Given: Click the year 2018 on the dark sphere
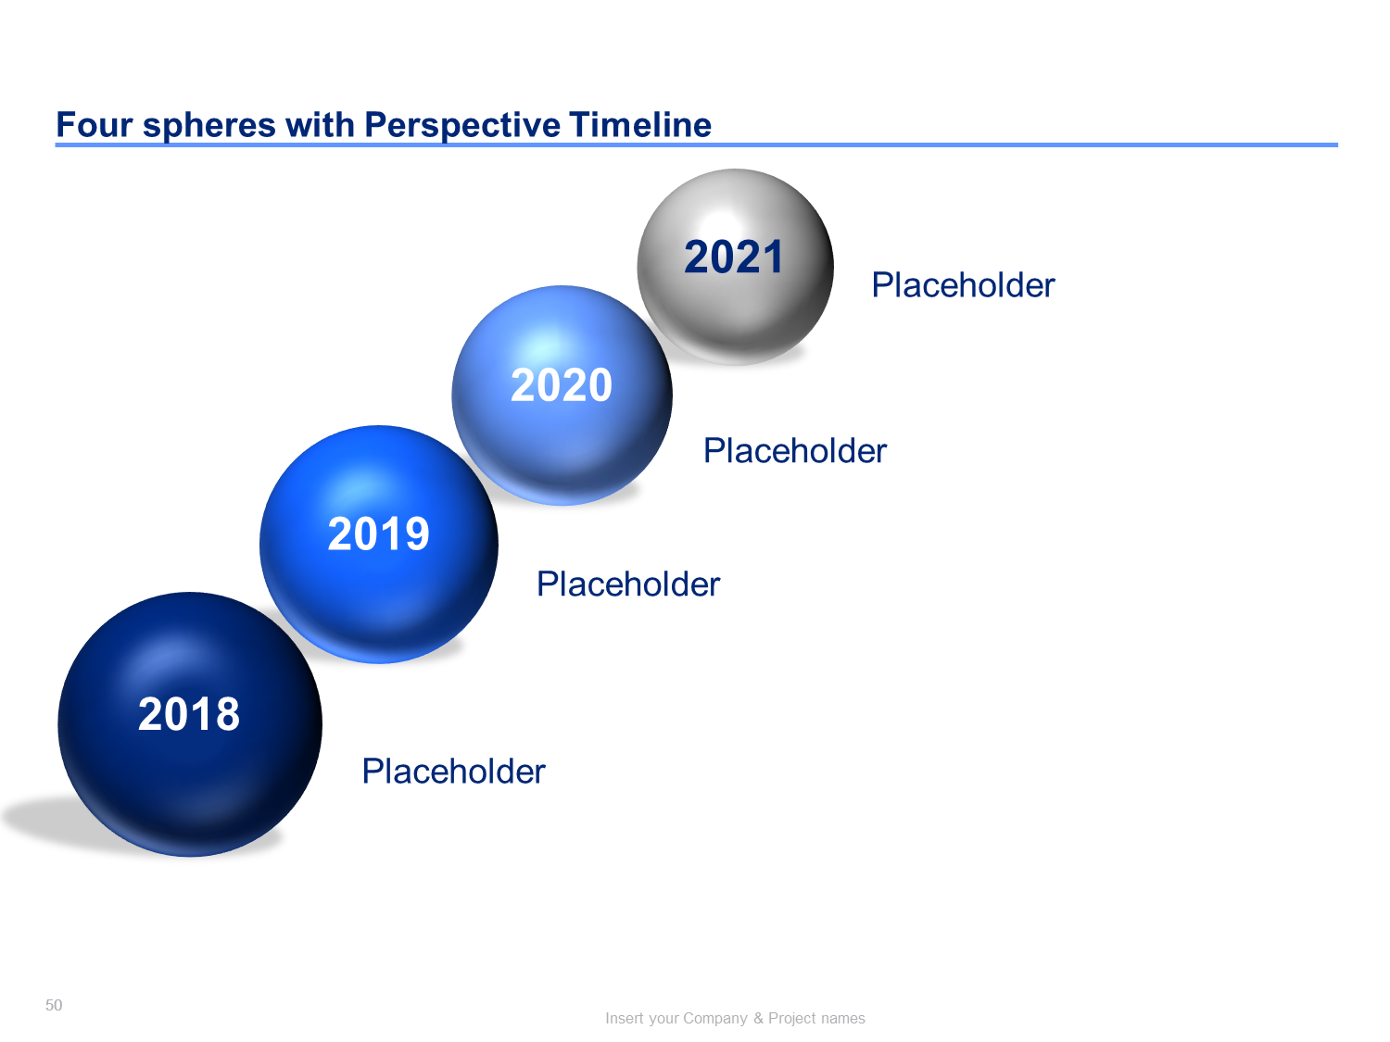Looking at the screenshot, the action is point(189,714).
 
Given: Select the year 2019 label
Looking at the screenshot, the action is point(379,534).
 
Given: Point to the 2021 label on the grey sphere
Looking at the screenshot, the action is point(734,257).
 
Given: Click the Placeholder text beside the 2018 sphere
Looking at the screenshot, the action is point(453,772).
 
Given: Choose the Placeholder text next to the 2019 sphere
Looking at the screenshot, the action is point(628,584).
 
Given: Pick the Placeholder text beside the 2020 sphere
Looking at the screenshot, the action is point(795,451).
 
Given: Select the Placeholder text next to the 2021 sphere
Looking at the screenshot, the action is point(963,284).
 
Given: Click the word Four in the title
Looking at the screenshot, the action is point(94,125).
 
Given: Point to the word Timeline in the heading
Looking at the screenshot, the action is point(639,125).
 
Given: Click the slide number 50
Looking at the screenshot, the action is point(54,1005).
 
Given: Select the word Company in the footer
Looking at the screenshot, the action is point(715,1019).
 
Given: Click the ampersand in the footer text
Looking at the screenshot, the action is point(758,1019).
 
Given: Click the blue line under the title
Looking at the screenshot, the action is point(697,144).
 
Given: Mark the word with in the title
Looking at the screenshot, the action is point(320,125).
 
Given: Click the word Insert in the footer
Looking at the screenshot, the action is point(623,1019).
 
